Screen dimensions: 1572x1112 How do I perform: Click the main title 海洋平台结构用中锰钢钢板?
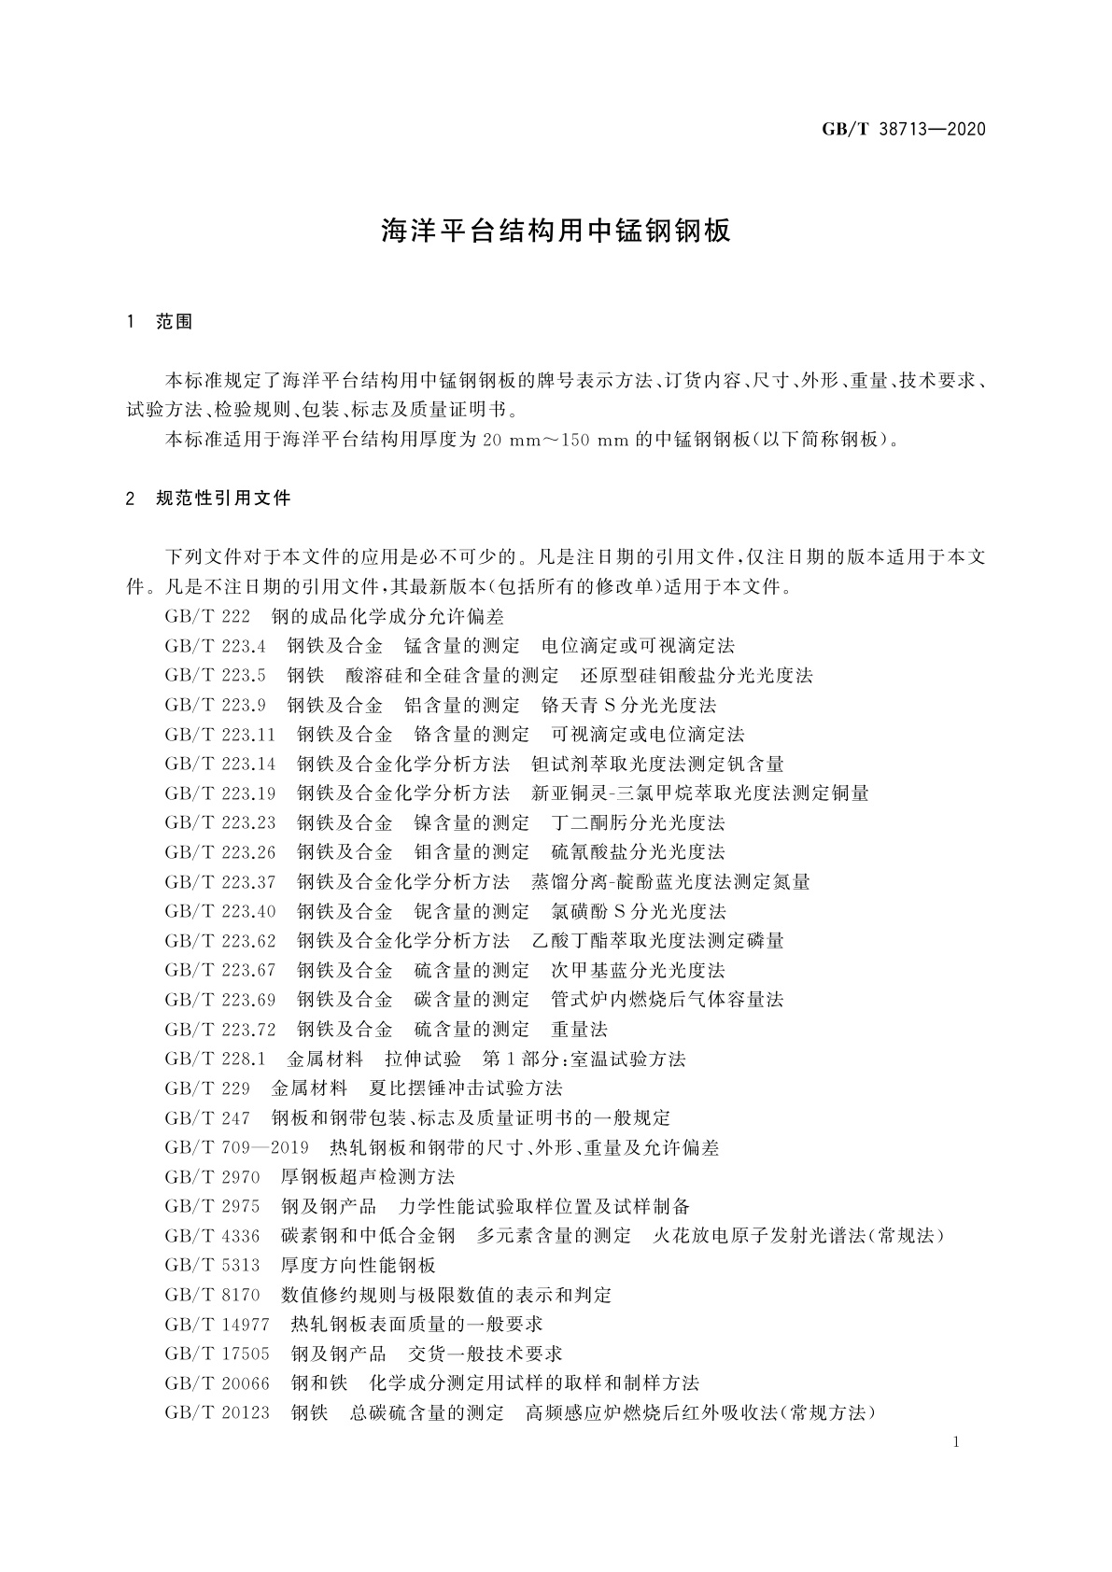556,232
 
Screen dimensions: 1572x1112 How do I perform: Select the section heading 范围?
174,322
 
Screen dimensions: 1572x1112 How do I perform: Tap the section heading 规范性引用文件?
224,498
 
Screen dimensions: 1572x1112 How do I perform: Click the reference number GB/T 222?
207,617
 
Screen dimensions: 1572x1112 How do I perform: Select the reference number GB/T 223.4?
216,646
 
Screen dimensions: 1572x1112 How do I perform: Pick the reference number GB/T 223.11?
220,735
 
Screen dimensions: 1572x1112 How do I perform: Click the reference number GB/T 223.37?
220,882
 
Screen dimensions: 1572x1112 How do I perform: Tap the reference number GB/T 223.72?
220,1030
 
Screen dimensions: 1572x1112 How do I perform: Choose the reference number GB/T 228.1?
216,1060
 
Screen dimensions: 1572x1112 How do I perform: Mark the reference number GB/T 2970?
212,1177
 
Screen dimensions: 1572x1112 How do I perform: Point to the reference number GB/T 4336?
212,1236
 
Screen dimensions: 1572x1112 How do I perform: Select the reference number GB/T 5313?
212,1266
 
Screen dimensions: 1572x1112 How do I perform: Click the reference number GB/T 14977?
217,1325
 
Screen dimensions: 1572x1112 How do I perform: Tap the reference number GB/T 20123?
217,1413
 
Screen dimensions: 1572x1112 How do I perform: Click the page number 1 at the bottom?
956,1443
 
